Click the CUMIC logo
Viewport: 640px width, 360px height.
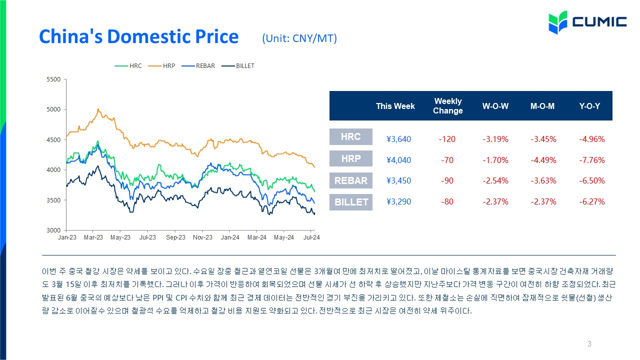tap(587, 22)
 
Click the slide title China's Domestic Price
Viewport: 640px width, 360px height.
tap(139, 36)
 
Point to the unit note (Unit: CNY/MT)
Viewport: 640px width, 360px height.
tap(299, 38)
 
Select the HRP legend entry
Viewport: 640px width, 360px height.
tap(161, 66)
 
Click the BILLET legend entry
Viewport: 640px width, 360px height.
tap(238, 66)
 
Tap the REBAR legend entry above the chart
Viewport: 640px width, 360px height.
tap(198, 66)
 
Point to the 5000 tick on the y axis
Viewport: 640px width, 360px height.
tap(53, 109)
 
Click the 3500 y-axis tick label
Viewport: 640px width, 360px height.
tap(53, 200)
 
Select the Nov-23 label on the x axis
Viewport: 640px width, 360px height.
tap(202, 237)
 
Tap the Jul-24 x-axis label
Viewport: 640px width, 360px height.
tap(311, 237)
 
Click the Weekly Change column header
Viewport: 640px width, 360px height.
tap(447, 106)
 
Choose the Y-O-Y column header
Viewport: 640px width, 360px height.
tap(589, 106)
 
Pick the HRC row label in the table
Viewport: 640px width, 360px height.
tap(351, 136)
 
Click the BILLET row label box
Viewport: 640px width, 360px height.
tap(351, 202)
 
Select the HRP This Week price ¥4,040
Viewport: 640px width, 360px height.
tap(398, 160)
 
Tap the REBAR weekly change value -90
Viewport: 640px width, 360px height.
tap(447, 180)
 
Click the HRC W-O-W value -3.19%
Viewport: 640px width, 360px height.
tap(495, 139)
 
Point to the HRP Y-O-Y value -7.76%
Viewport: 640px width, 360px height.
tap(591, 160)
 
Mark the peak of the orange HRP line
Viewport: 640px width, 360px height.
tap(98, 109)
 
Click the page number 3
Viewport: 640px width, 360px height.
tap(589, 343)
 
